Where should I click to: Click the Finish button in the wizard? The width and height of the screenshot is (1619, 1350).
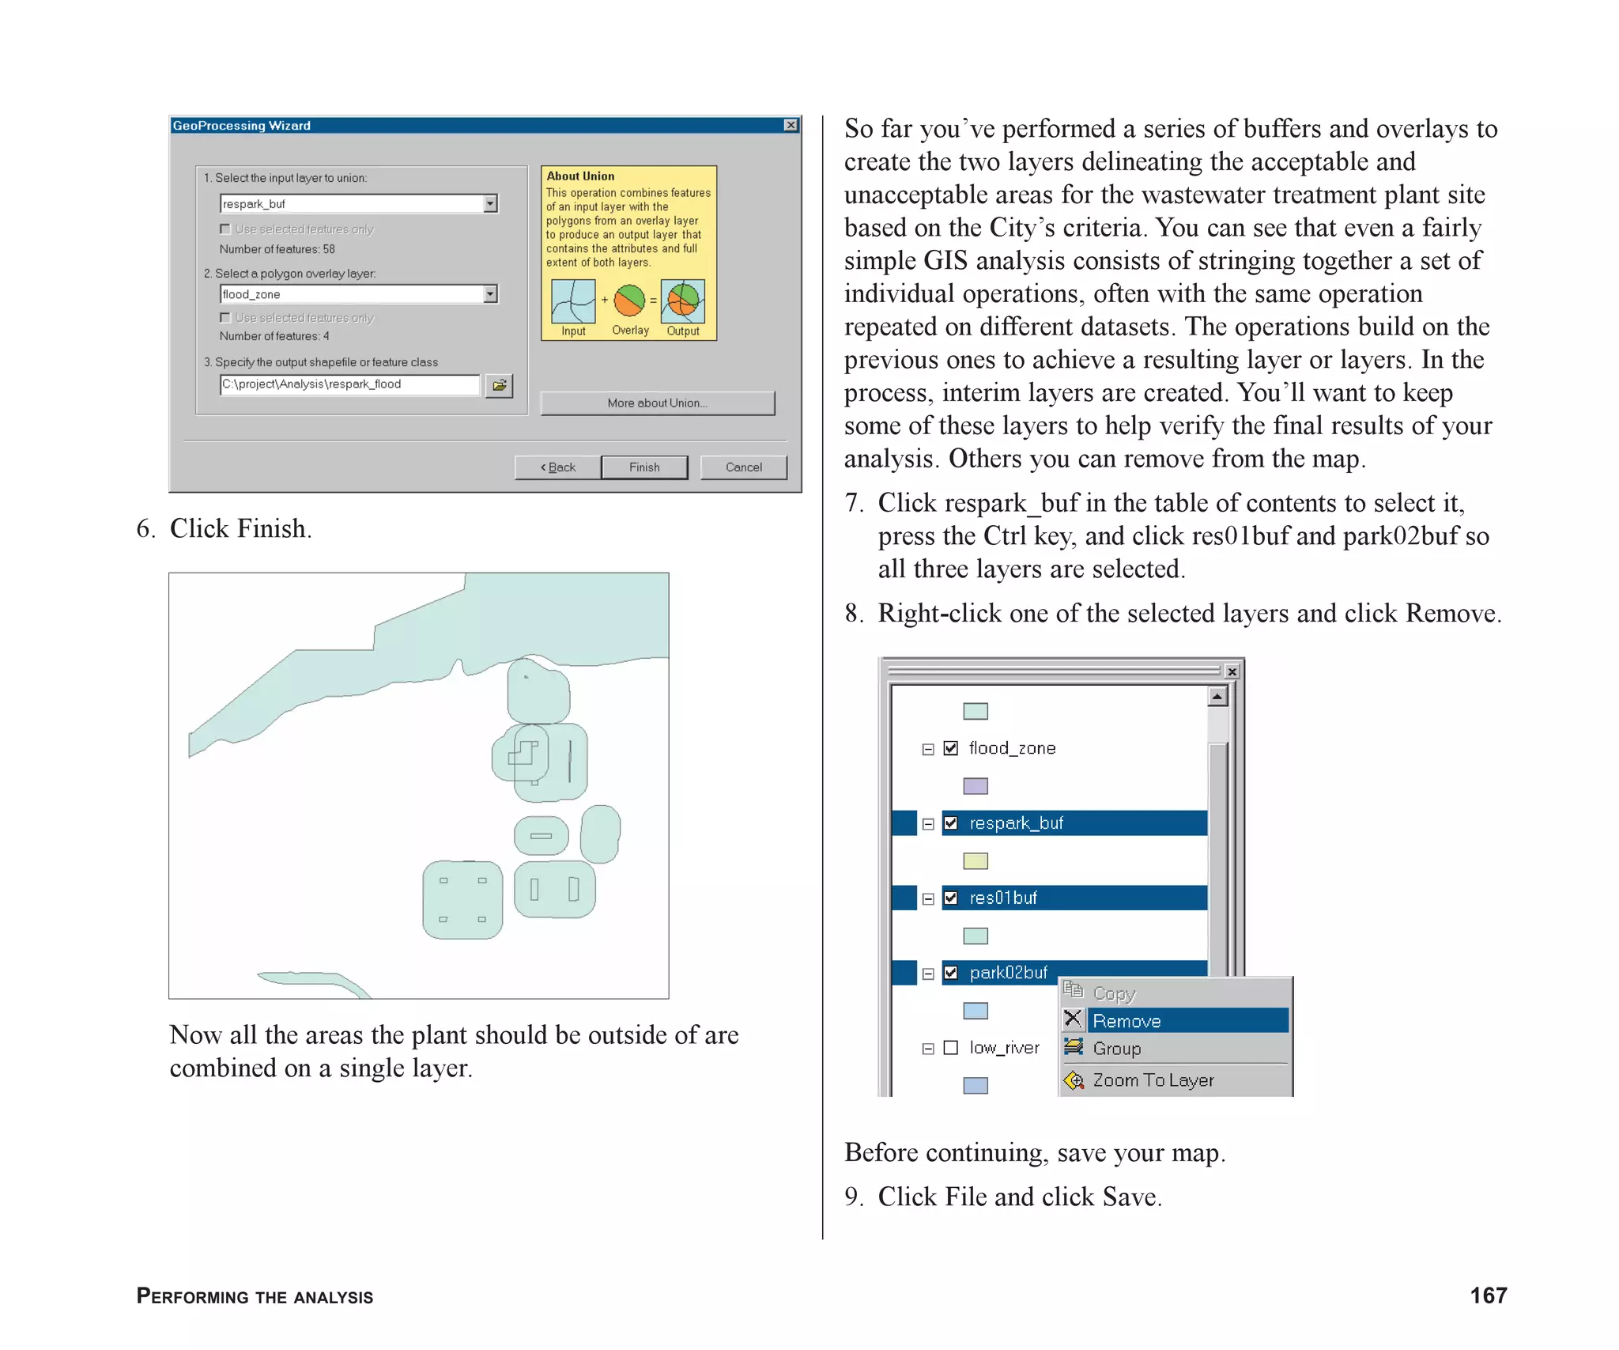643,467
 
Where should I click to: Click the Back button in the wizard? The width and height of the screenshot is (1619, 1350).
557,467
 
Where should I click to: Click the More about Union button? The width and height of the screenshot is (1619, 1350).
657,403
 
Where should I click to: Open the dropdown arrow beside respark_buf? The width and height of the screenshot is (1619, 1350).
490,204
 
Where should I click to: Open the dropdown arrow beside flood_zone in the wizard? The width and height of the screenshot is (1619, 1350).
490,294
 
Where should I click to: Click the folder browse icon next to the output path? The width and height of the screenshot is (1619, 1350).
499,385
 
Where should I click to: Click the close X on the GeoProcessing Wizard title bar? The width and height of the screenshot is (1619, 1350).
791,125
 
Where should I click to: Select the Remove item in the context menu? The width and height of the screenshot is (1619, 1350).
1127,1021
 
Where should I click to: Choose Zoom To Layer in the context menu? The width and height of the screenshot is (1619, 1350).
1153,1080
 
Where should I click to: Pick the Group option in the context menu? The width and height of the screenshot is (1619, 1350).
1116,1049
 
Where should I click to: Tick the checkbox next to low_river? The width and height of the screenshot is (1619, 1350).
951,1048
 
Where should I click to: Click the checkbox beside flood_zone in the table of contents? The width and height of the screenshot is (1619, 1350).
951,748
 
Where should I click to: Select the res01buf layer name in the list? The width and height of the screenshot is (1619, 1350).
1003,898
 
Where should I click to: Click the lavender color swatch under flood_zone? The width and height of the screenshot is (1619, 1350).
976,786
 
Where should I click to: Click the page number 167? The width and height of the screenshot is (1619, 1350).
1488,1295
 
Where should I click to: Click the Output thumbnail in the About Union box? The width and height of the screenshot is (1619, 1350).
682,301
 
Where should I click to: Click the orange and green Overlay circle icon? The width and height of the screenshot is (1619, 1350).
630,301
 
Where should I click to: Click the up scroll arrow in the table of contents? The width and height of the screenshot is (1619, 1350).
1217,697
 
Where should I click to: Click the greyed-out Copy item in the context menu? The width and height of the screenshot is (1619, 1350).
1114,994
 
